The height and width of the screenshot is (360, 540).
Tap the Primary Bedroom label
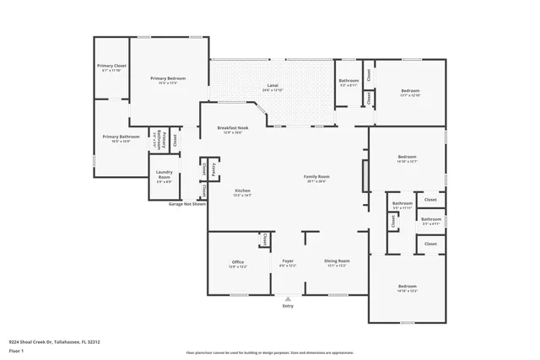[x=168, y=78]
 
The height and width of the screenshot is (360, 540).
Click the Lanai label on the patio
[x=273, y=86]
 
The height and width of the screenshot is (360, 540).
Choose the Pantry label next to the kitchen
[x=215, y=169]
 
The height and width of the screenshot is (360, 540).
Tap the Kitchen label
[x=242, y=191]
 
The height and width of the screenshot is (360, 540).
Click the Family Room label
[x=316, y=177]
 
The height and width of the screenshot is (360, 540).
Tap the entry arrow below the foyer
[x=288, y=299]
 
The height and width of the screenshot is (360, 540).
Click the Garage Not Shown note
[x=186, y=204]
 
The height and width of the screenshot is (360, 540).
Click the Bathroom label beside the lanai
[x=348, y=83]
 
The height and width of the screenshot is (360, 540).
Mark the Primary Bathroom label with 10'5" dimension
[x=121, y=137]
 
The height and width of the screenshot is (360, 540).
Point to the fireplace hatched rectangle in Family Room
[x=364, y=178]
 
